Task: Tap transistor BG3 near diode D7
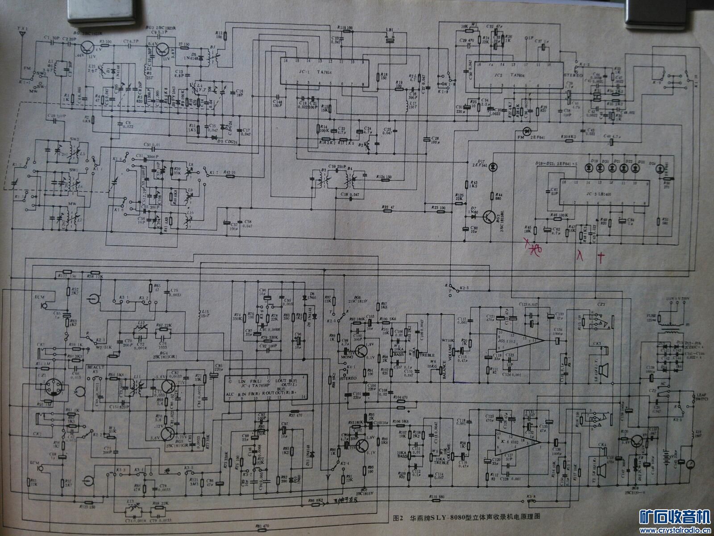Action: coord(489,218)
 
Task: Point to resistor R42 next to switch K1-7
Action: coord(230,176)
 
